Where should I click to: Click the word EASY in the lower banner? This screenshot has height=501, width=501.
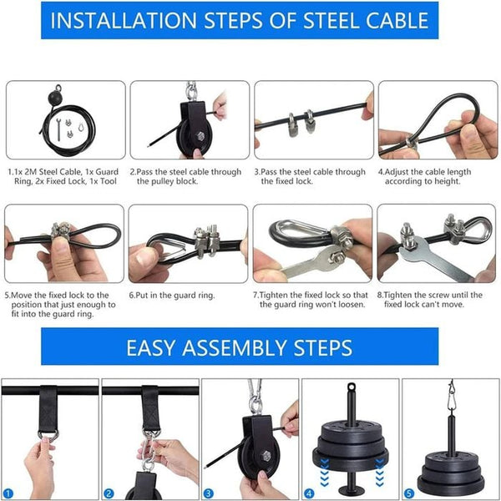coord(159,347)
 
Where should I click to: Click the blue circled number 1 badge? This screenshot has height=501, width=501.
coord(8,493)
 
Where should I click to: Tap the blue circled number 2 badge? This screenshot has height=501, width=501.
coord(109,493)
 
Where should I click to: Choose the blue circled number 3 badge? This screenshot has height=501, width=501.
coord(209,493)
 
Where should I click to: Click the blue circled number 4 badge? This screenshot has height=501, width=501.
coord(309,493)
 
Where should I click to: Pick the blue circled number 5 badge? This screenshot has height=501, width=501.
coord(409,493)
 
